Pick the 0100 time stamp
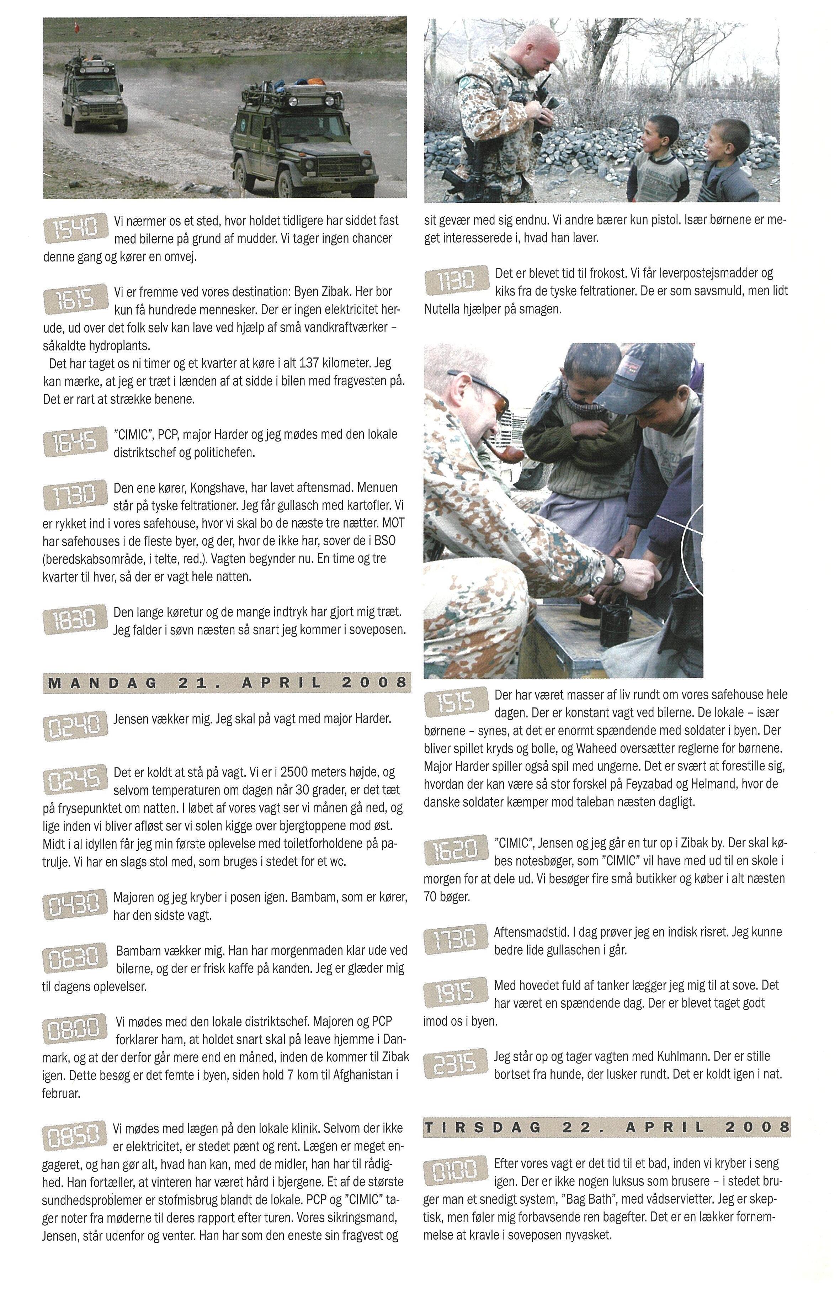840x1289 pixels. [456, 1173]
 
